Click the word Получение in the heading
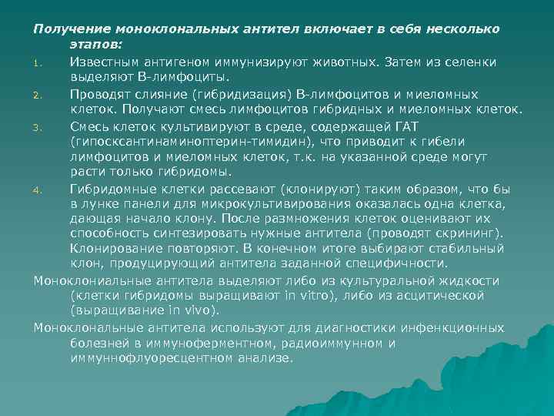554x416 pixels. [x=67, y=29]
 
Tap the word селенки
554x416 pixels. [x=471, y=61]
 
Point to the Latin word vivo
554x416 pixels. [x=201, y=312]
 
